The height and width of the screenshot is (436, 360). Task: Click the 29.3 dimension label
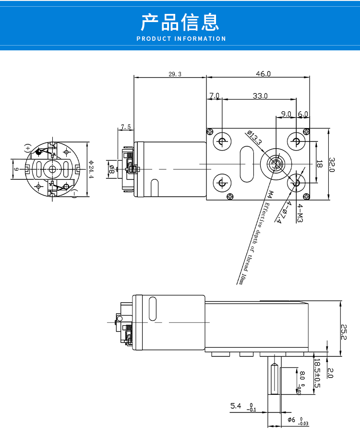pyautogui.click(x=175, y=74)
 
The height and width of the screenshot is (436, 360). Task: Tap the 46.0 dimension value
pyautogui.click(x=263, y=74)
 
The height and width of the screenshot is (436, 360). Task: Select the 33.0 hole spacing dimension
pyautogui.click(x=260, y=96)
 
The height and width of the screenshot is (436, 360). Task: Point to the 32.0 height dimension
pyautogui.click(x=332, y=165)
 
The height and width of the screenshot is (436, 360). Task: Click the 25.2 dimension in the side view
pyautogui.click(x=344, y=332)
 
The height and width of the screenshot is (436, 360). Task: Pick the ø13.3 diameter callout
pyautogui.click(x=254, y=137)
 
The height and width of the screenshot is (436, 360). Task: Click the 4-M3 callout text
pyautogui.click(x=300, y=213)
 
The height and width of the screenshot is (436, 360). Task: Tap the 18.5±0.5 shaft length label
pyautogui.click(x=317, y=373)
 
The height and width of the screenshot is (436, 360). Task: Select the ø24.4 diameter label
pyautogui.click(x=91, y=169)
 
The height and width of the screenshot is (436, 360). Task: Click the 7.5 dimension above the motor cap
pyautogui.click(x=126, y=127)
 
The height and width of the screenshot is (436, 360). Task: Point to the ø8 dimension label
pyautogui.click(x=111, y=169)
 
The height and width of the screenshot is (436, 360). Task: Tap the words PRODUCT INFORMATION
pyautogui.click(x=181, y=39)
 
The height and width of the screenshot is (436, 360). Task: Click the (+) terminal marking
pyautogui.click(x=27, y=148)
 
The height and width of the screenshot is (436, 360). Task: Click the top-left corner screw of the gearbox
pyautogui.click(x=210, y=131)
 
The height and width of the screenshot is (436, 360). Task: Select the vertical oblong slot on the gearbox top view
pyautogui.click(x=247, y=164)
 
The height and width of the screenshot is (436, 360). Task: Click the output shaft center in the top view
pyautogui.click(x=276, y=164)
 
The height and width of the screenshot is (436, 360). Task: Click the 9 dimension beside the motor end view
pyautogui.click(x=16, y=169)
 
